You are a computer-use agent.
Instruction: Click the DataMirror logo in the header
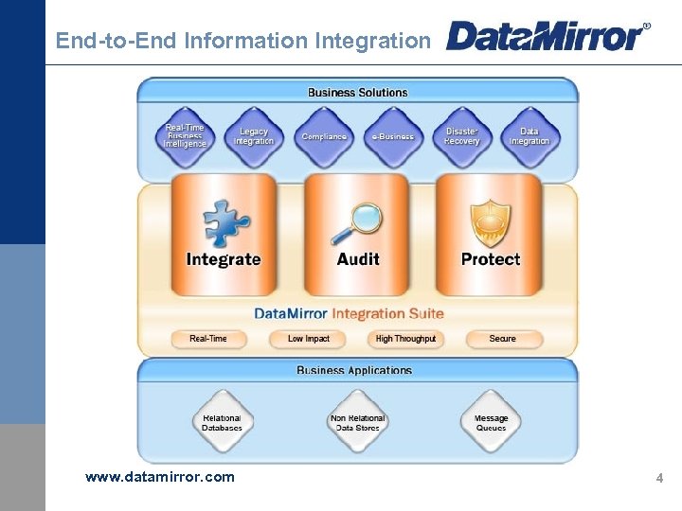(547, 37)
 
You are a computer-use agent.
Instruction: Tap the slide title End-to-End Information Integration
(242, 41)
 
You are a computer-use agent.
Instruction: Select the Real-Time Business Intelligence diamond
(186, 136)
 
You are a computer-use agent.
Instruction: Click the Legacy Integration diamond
(254, 136)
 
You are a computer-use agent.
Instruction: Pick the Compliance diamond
(324, 136)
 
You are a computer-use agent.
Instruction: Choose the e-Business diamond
(393, 136)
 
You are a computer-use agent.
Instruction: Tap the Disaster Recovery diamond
(462, 136)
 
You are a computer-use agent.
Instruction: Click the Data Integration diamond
(529, 136)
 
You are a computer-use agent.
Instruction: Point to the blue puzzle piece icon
(226, 223)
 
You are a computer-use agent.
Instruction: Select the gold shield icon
(491, 223)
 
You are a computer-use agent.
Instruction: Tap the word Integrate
(224, 259)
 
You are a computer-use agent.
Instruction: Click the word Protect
(491, 259)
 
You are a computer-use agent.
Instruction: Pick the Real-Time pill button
(208, 339)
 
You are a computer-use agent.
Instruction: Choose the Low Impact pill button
(309, 339)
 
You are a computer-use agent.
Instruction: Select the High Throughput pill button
(405, 339)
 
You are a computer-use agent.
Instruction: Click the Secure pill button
(503, 339)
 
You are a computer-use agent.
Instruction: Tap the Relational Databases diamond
(222, 423)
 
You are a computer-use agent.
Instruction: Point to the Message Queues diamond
(491, 423)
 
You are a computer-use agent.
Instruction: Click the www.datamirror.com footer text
(160, 477)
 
